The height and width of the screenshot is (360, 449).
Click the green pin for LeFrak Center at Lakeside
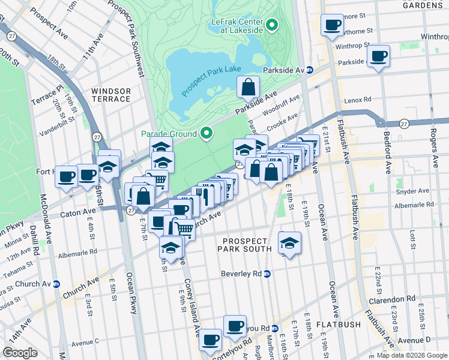pos(272,25)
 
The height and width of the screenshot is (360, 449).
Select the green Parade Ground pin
pos(207,133)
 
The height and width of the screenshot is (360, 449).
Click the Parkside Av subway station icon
pos(309,70)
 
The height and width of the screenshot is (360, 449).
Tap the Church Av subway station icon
pos(56,284)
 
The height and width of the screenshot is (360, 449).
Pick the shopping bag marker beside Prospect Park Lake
pos(248,88)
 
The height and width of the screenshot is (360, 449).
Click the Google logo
pos(20,352)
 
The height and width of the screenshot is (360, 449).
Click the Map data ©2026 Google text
pos(412,355)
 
